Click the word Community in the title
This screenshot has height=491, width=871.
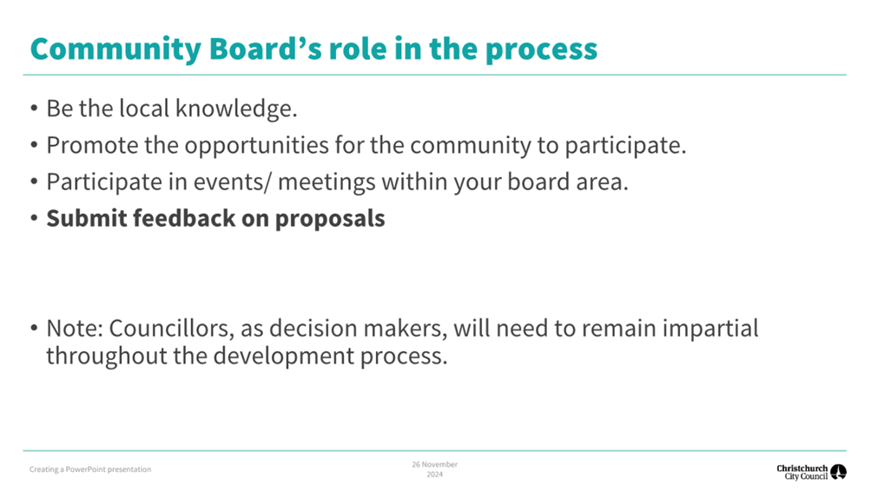[115, 50]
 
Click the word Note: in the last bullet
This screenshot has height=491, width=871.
[75, 328]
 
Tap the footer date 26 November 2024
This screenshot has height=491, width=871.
[434, 469]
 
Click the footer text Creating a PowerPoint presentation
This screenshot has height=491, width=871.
[90, 469]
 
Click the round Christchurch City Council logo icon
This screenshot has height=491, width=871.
[838, 472]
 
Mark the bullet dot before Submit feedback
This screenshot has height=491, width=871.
[35, 218]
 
